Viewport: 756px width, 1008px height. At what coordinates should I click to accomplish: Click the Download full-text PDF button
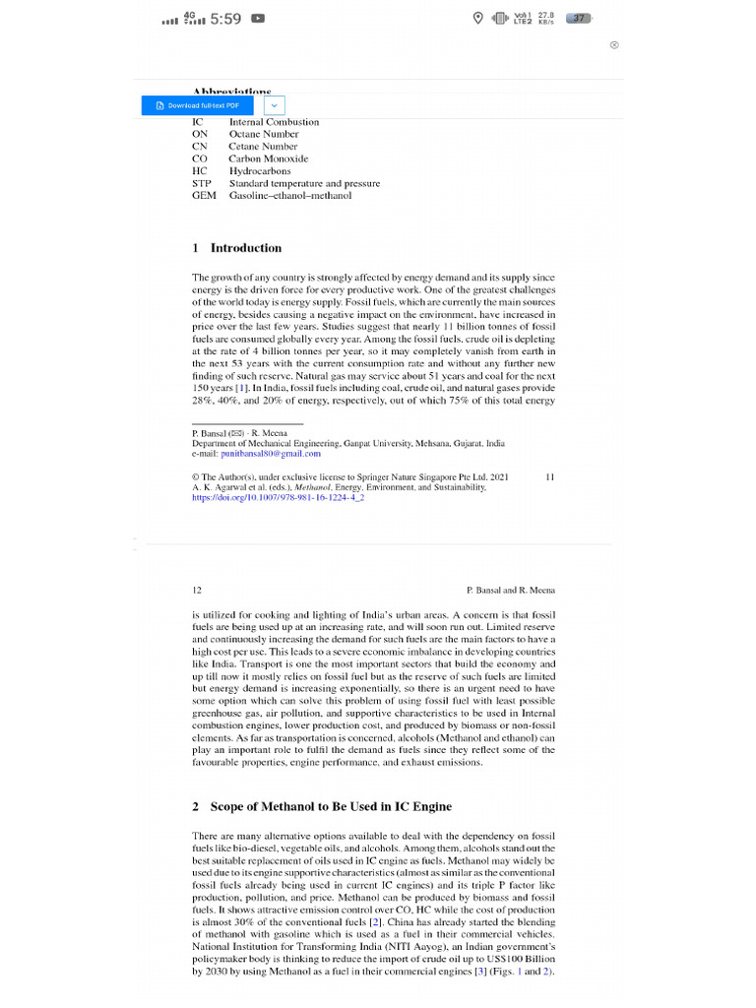click(198, 105)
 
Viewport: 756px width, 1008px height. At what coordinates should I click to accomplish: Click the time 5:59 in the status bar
click(225, 18)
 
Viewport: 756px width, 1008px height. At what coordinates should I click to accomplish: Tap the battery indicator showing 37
click(581, 18)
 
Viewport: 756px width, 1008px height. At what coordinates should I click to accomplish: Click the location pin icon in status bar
click(478, 18)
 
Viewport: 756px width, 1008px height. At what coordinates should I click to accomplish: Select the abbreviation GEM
click(204, 196)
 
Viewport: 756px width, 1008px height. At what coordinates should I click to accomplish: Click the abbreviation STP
click(202, 183)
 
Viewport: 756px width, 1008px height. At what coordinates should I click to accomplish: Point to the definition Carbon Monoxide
click(268, 158)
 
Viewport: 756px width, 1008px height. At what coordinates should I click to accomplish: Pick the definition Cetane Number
click(263, 146)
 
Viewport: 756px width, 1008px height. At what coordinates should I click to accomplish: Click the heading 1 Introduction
click(236, 248)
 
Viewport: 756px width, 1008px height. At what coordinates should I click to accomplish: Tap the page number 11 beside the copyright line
click(549, 476)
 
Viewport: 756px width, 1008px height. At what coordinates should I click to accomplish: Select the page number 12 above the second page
click(197, 590)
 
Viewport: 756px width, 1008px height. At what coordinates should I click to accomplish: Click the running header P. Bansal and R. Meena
click(510, 590)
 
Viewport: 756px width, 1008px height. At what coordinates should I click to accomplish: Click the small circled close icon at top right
click(614, 45)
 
